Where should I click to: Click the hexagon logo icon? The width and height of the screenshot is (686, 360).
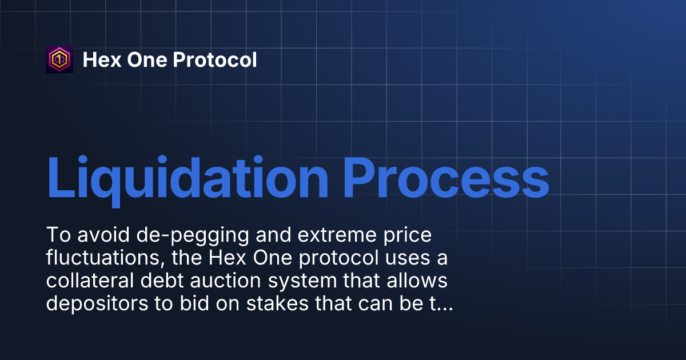[59, 59]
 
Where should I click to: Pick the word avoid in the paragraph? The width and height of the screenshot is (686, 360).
[100, 235]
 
